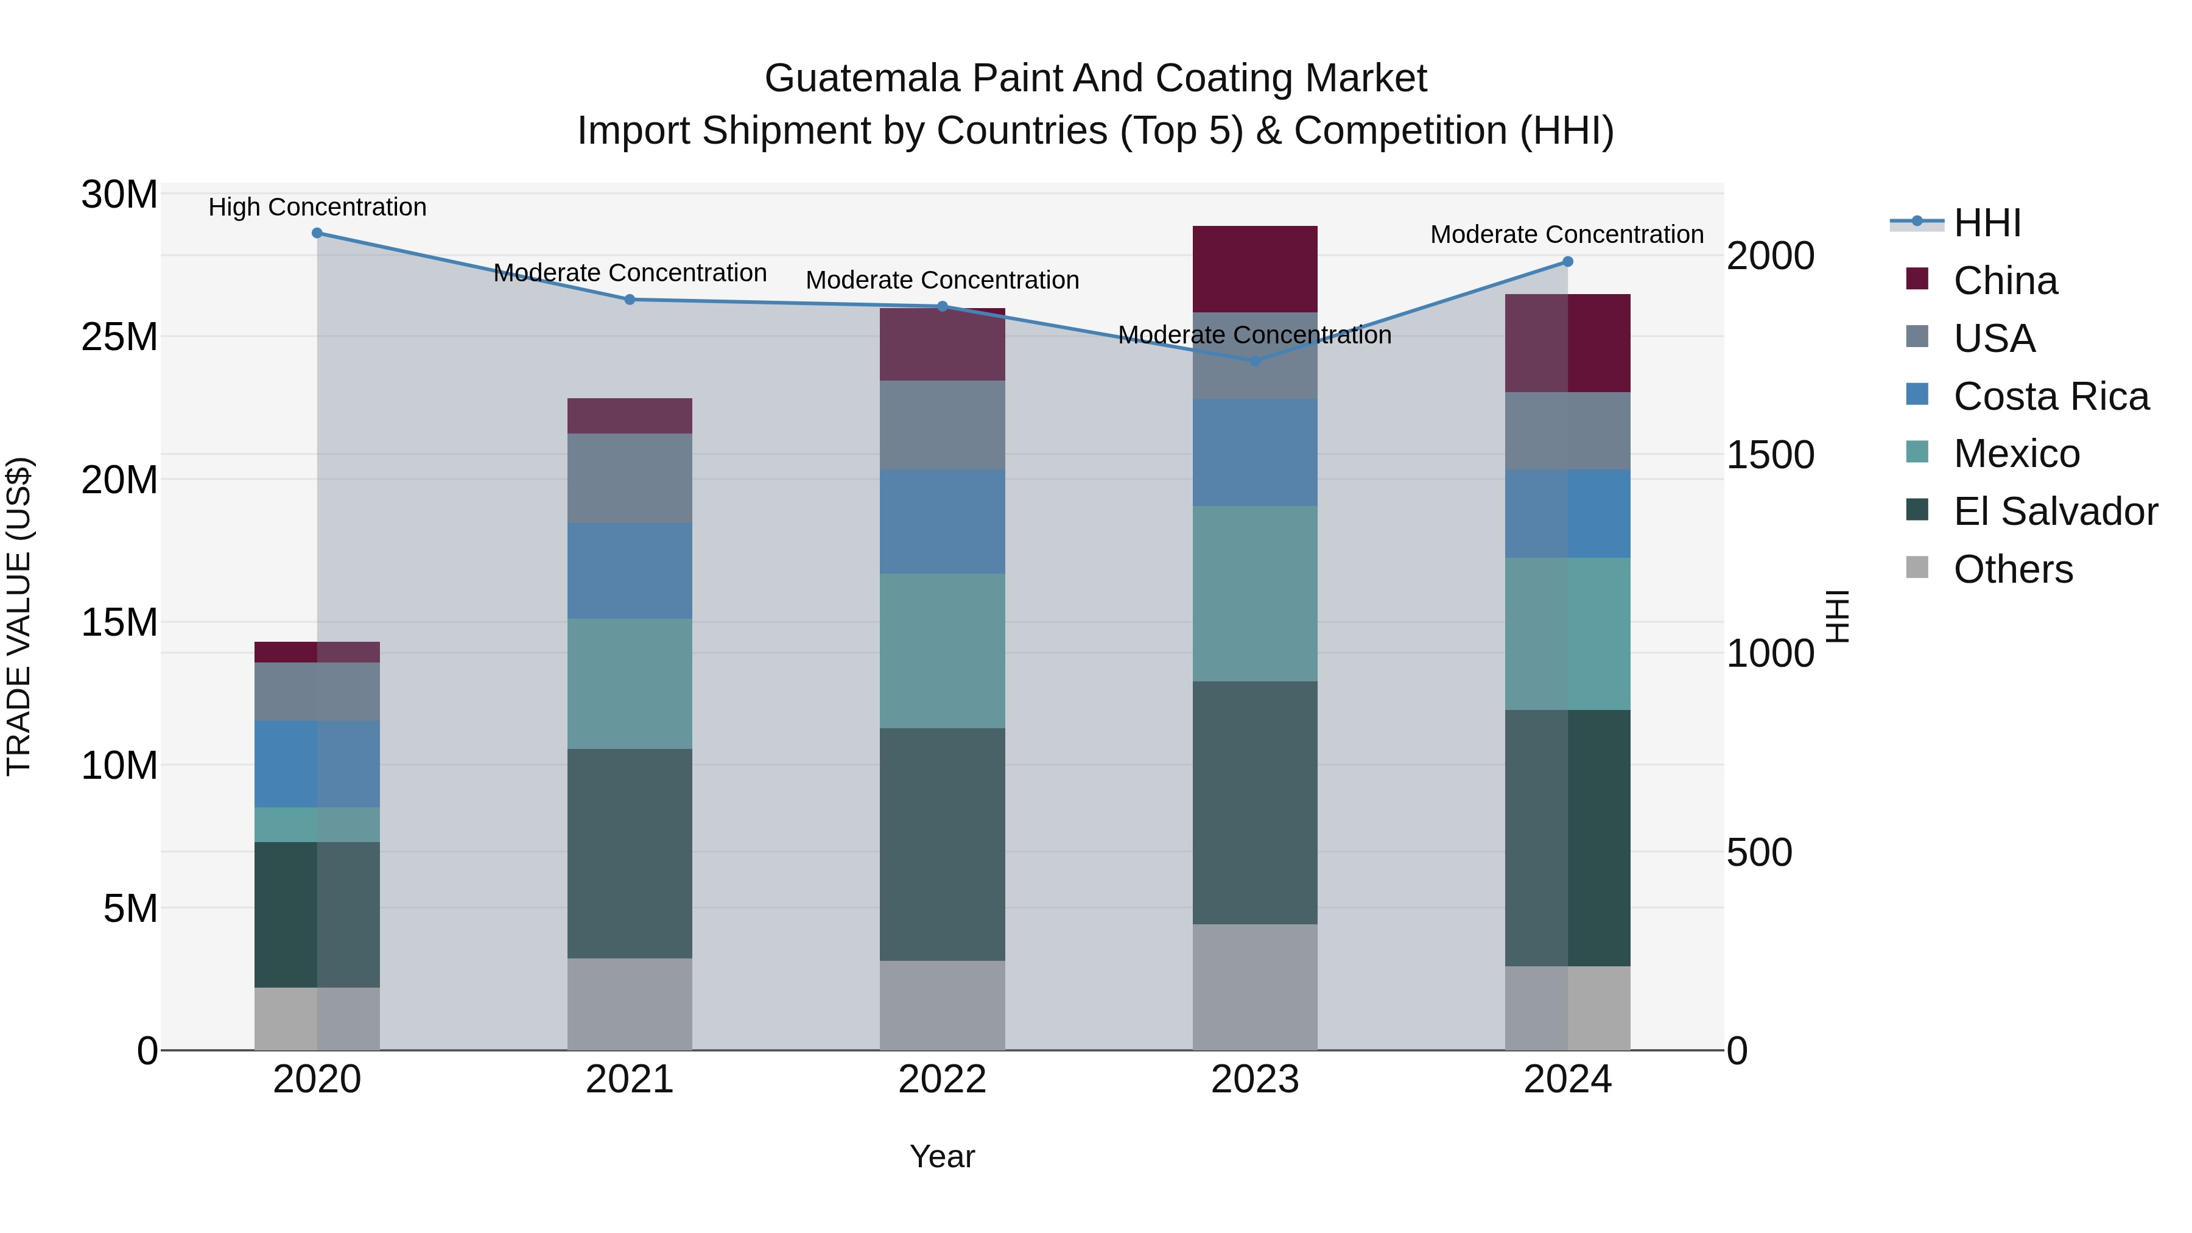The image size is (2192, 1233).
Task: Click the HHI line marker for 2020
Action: [x=317, y=233]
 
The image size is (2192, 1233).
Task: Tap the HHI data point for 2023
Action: [x=1255, y=361]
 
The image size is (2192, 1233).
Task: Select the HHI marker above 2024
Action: [x=1567, y=262]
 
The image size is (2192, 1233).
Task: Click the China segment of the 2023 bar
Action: [x=1255, y=269]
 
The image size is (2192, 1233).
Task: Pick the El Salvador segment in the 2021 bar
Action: [x=630, y=854]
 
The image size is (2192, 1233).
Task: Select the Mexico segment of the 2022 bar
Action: [x=942, y=650]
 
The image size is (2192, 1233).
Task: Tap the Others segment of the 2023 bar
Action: [x=1255, y=987]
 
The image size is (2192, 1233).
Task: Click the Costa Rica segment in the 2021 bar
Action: [x=630, y=570]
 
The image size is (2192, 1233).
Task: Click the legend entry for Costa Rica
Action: [x=2051, y=396]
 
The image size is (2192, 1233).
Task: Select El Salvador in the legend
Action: [x=2055, y=511]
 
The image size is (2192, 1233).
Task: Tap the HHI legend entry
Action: [x=1987, y=223]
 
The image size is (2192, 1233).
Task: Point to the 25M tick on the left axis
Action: [x=119, y=337]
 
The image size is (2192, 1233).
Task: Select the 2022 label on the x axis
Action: [x=942, y=1080]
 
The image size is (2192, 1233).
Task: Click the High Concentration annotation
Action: [x=317, y=207]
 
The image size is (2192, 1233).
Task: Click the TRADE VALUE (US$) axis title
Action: [x=19, y=616]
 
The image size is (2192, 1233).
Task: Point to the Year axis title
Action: [x=942, y=1156]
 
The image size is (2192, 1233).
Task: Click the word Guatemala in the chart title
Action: [x=863, y=79]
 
